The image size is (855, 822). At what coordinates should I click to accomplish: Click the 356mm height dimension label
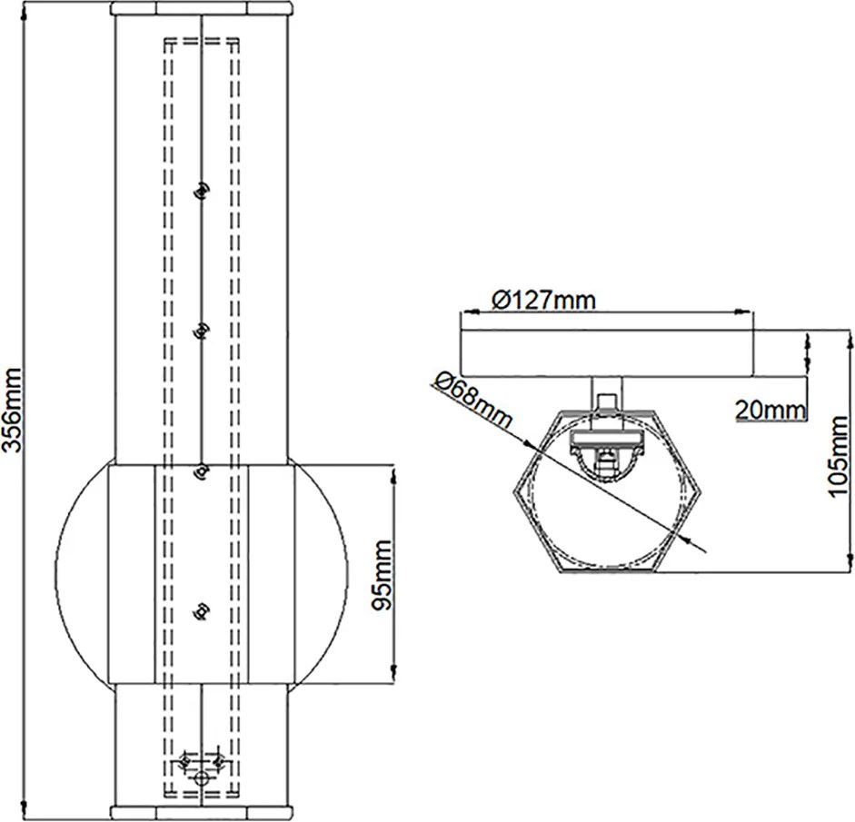click(12, 410)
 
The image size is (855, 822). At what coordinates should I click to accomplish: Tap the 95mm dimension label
click(380, 575)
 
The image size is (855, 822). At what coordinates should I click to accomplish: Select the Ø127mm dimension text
click(543, 301)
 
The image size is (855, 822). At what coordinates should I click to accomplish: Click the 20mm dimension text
click(770, 411)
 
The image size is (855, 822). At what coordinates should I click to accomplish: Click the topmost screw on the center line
click(202, 191)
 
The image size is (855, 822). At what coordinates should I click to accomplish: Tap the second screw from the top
click(202, 331)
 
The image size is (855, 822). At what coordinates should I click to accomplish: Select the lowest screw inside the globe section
click(202, 610)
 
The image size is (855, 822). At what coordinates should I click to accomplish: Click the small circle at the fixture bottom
click(203, 778)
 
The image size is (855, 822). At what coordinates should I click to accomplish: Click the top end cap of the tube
click(202, 8)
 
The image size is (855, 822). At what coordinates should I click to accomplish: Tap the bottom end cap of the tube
click(202, 813)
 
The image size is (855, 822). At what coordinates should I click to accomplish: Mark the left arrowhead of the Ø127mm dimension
click(470, 312)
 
